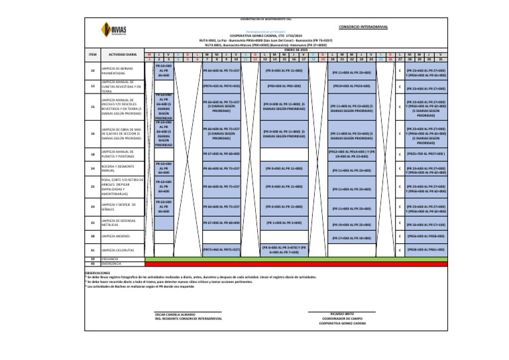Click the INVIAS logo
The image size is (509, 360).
(110, 30)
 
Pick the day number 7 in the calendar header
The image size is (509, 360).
(208, 58)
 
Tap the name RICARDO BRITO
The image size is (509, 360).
(341, 314)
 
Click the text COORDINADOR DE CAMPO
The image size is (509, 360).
(341, 318)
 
